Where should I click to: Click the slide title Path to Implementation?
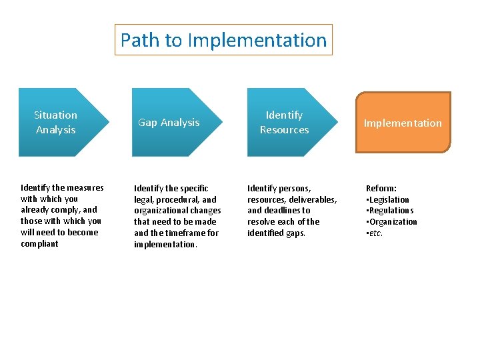[x=223, y=40]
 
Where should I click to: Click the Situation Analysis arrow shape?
[x=57, y=123]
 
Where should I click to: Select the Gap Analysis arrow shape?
[x=169, y=123]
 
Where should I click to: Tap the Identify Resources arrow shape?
[x=284, y=123]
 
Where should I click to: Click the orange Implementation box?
[x=403, y=123]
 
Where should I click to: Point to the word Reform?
[x=381, y=189]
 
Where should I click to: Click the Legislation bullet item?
[x=389, y=199]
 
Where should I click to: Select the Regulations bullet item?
[x=391, y=211]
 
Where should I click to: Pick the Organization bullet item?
[x=393, y=222]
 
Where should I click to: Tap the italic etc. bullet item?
[x=375, y=233]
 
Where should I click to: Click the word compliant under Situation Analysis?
[x=39, y=244]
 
